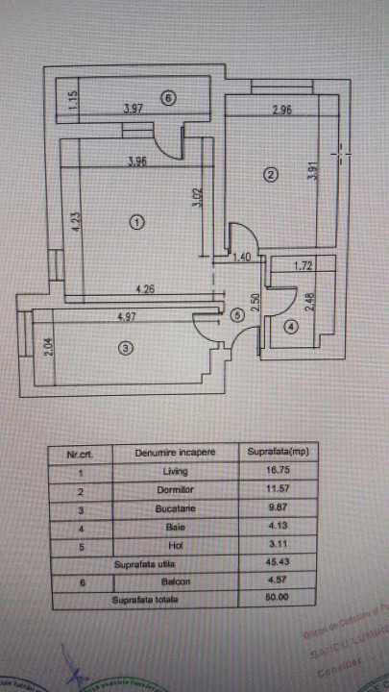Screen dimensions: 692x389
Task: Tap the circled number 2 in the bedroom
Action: (271, 174)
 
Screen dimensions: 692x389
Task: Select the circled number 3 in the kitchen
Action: (125, 349)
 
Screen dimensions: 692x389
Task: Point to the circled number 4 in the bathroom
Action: (292, 327)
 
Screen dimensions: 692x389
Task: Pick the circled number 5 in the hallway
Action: (236, 313)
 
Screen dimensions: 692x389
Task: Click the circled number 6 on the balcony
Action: (168, 97)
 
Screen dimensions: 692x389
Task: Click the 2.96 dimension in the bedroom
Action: (281, 111)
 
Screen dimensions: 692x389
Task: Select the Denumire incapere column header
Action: (176, 451)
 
